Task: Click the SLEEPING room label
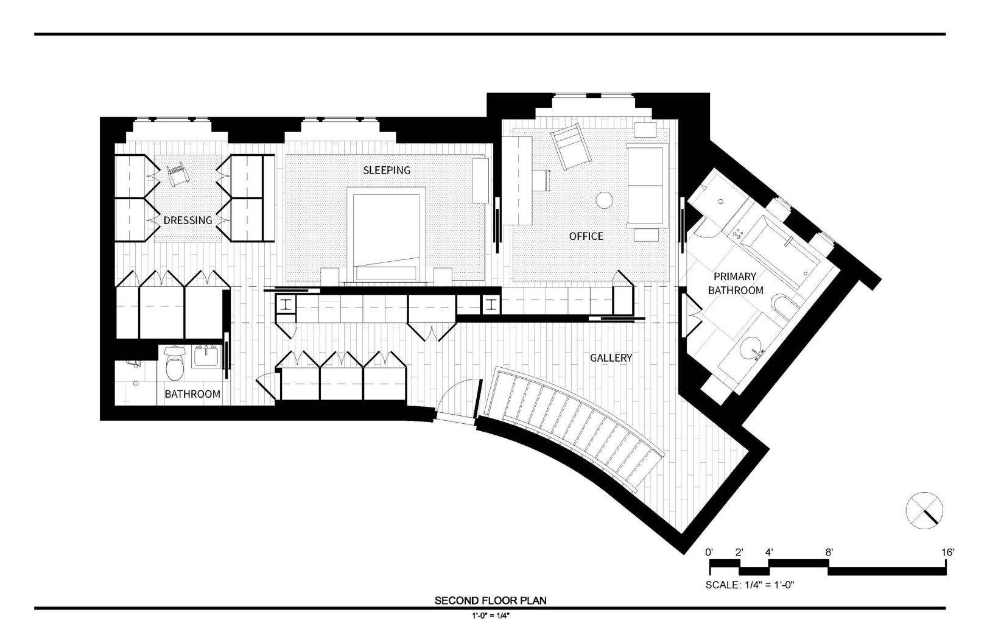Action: (x=387, y=171)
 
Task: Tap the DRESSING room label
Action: (x=188, y=220)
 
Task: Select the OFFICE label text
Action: (x=586, y=236)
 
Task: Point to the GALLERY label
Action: (x=611, y=357)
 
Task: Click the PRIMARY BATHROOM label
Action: (x=736, y=283)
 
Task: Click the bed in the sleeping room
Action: (x=387, y=234)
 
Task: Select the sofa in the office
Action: (x=647, y=185)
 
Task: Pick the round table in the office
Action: (x=605, y=200)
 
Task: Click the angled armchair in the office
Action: (x=571, y=146)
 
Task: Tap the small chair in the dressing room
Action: (x=178, y=175)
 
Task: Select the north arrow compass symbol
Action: (x=924, y=510)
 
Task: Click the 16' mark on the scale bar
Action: (x=948, y=552)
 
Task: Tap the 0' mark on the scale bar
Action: (x=709, y=552)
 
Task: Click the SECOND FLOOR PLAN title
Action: (x=490, y=600)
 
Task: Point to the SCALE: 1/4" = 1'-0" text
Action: (x=750, y=585)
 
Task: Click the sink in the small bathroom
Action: (x=206, y=357)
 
